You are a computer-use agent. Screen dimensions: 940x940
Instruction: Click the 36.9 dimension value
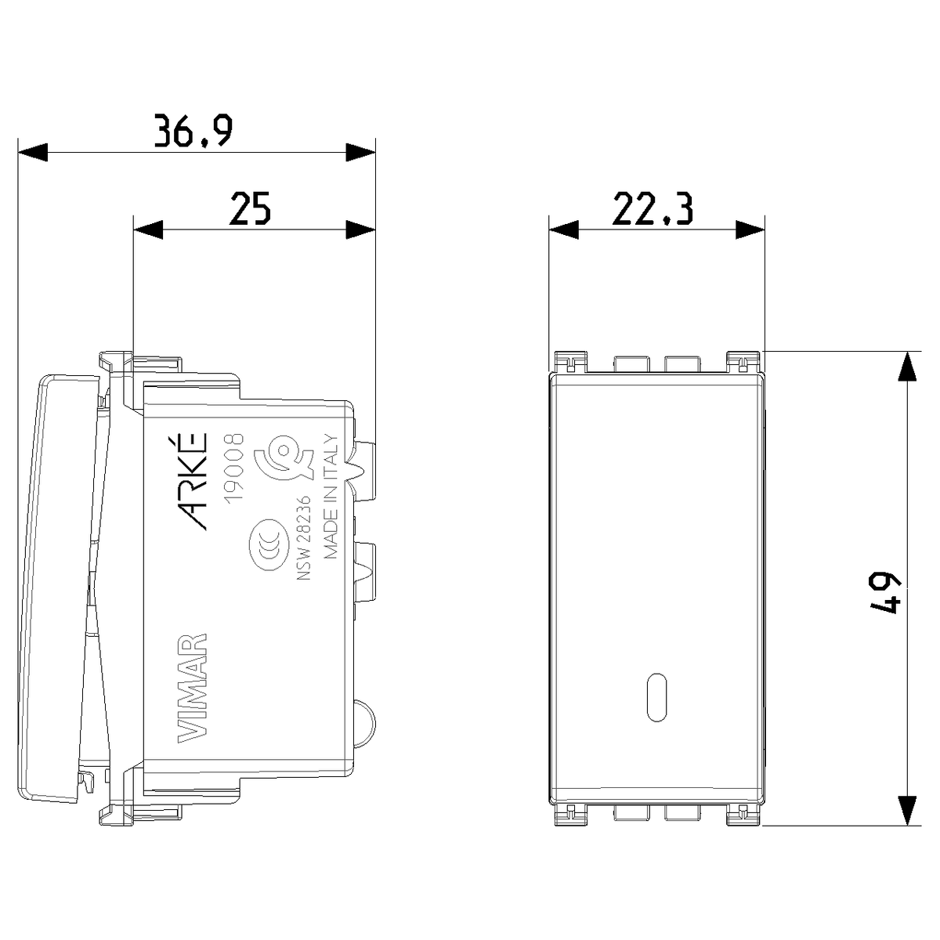coord(193,131)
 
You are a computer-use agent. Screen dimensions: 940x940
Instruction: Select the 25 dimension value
coord(250,208)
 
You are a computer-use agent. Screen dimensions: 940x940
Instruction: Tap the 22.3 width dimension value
coord(653,208)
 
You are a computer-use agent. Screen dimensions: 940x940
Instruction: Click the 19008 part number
coord(233,467)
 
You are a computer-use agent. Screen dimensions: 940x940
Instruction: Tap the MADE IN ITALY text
coord(331,496)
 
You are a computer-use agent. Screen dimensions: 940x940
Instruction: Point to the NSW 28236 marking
coord(304,538)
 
